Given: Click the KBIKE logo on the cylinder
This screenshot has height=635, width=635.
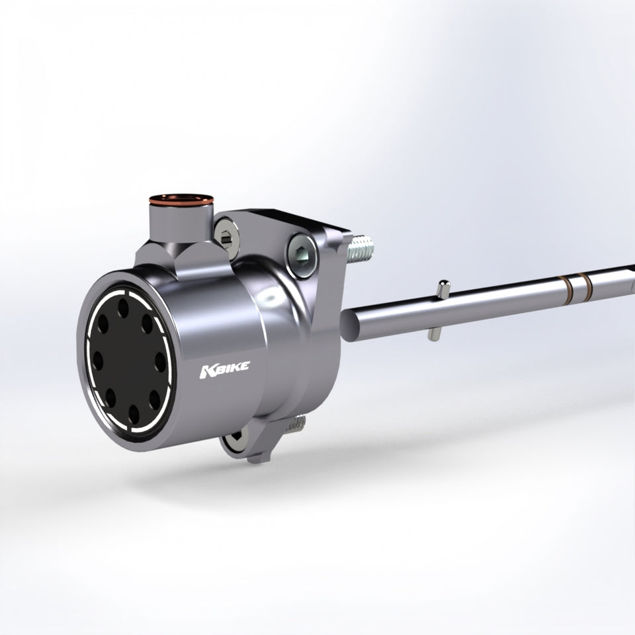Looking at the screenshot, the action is (225, 370).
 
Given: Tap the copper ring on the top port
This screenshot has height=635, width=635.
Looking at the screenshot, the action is (181, 200).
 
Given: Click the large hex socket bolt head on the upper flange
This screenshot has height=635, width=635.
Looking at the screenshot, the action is (302, 255).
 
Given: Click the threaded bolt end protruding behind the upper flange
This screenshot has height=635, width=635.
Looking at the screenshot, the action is (361, 248).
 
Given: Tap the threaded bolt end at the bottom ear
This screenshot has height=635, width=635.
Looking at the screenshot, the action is (296, 423).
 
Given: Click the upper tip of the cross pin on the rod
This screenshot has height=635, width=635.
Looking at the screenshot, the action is (444, 283).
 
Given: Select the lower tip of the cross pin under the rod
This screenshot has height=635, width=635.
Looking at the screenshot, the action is (433, 336).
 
